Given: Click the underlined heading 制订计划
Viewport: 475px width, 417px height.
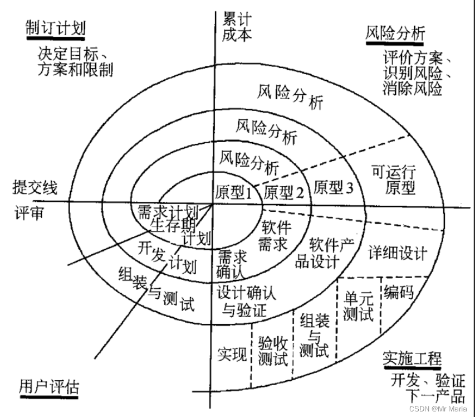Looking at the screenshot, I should tap(55, 29).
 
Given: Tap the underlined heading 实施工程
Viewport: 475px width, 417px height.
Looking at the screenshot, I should tap(412, 358).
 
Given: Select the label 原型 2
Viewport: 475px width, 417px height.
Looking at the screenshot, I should tap(283, 192).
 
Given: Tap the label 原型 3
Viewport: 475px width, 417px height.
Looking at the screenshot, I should tap(334, 187).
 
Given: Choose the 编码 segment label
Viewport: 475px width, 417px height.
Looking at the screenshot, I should tap(398, 291).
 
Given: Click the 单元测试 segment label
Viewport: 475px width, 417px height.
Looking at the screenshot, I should tap(358, 306).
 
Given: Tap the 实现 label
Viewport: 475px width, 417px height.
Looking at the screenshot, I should tap(232, 353).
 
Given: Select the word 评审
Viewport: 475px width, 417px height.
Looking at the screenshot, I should tap(29, 214).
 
